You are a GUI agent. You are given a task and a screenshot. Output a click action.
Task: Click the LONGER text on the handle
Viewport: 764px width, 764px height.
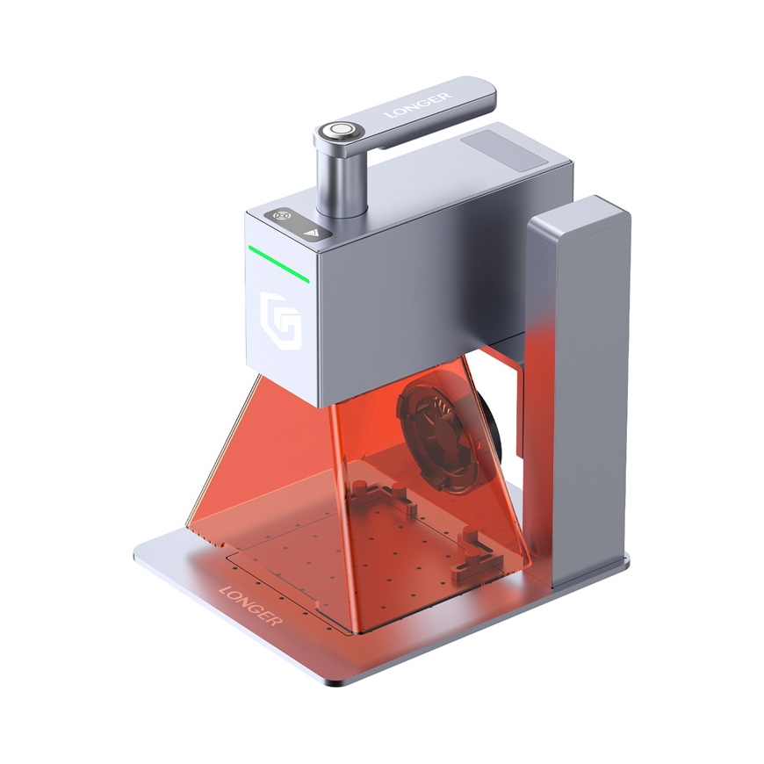click(x=418, y=105)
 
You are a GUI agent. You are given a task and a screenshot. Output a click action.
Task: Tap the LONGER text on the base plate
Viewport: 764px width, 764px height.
click(x=251, y=605)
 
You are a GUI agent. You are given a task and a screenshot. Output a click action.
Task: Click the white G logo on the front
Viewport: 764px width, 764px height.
click(x=279, y=321)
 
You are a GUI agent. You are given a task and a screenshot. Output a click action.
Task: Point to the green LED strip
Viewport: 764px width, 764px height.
click(x=278, y=263)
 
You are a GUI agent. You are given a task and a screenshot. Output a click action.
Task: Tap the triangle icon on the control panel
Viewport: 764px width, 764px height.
click(x=310, y=232)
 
